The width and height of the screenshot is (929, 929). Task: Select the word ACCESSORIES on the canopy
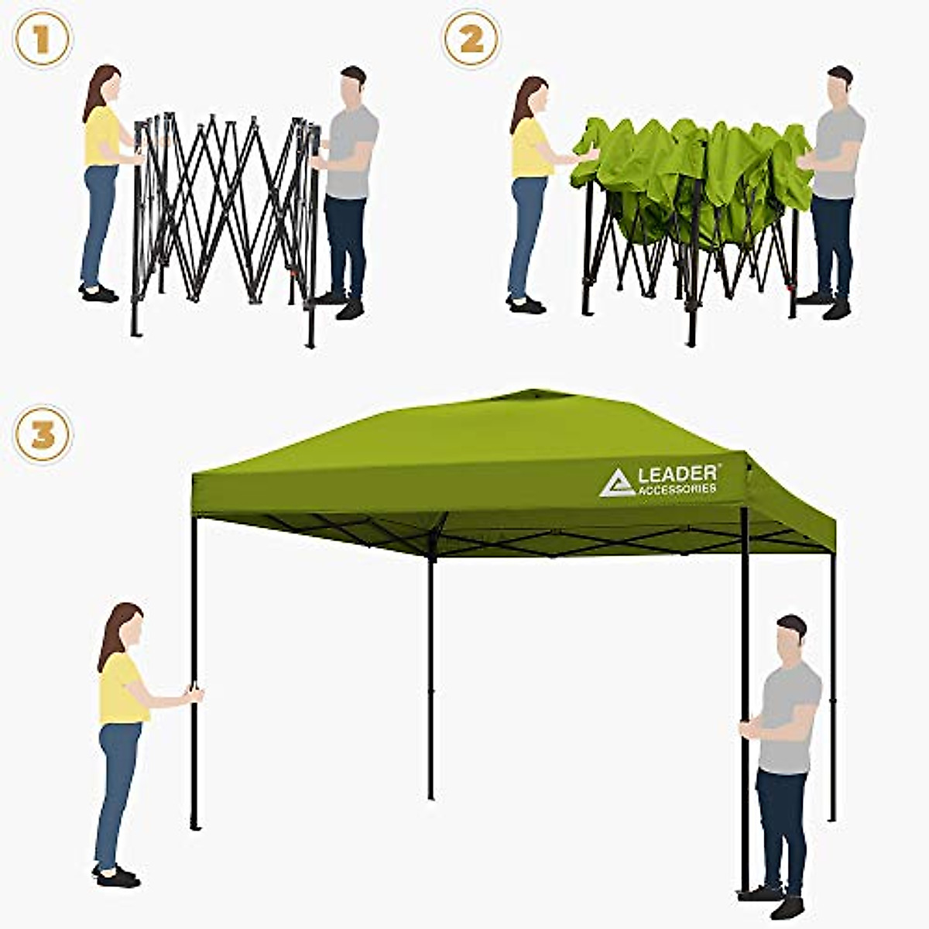(677, 489)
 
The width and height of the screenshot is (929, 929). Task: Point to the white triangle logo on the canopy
(617, 483)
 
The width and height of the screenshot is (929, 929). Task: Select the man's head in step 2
(838, 85)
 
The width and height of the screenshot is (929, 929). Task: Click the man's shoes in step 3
(774, 899)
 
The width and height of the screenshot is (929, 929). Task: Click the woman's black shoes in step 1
(98, 293)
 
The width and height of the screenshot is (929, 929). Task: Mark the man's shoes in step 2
(828, 305)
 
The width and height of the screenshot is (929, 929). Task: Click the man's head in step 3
(790, 636)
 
